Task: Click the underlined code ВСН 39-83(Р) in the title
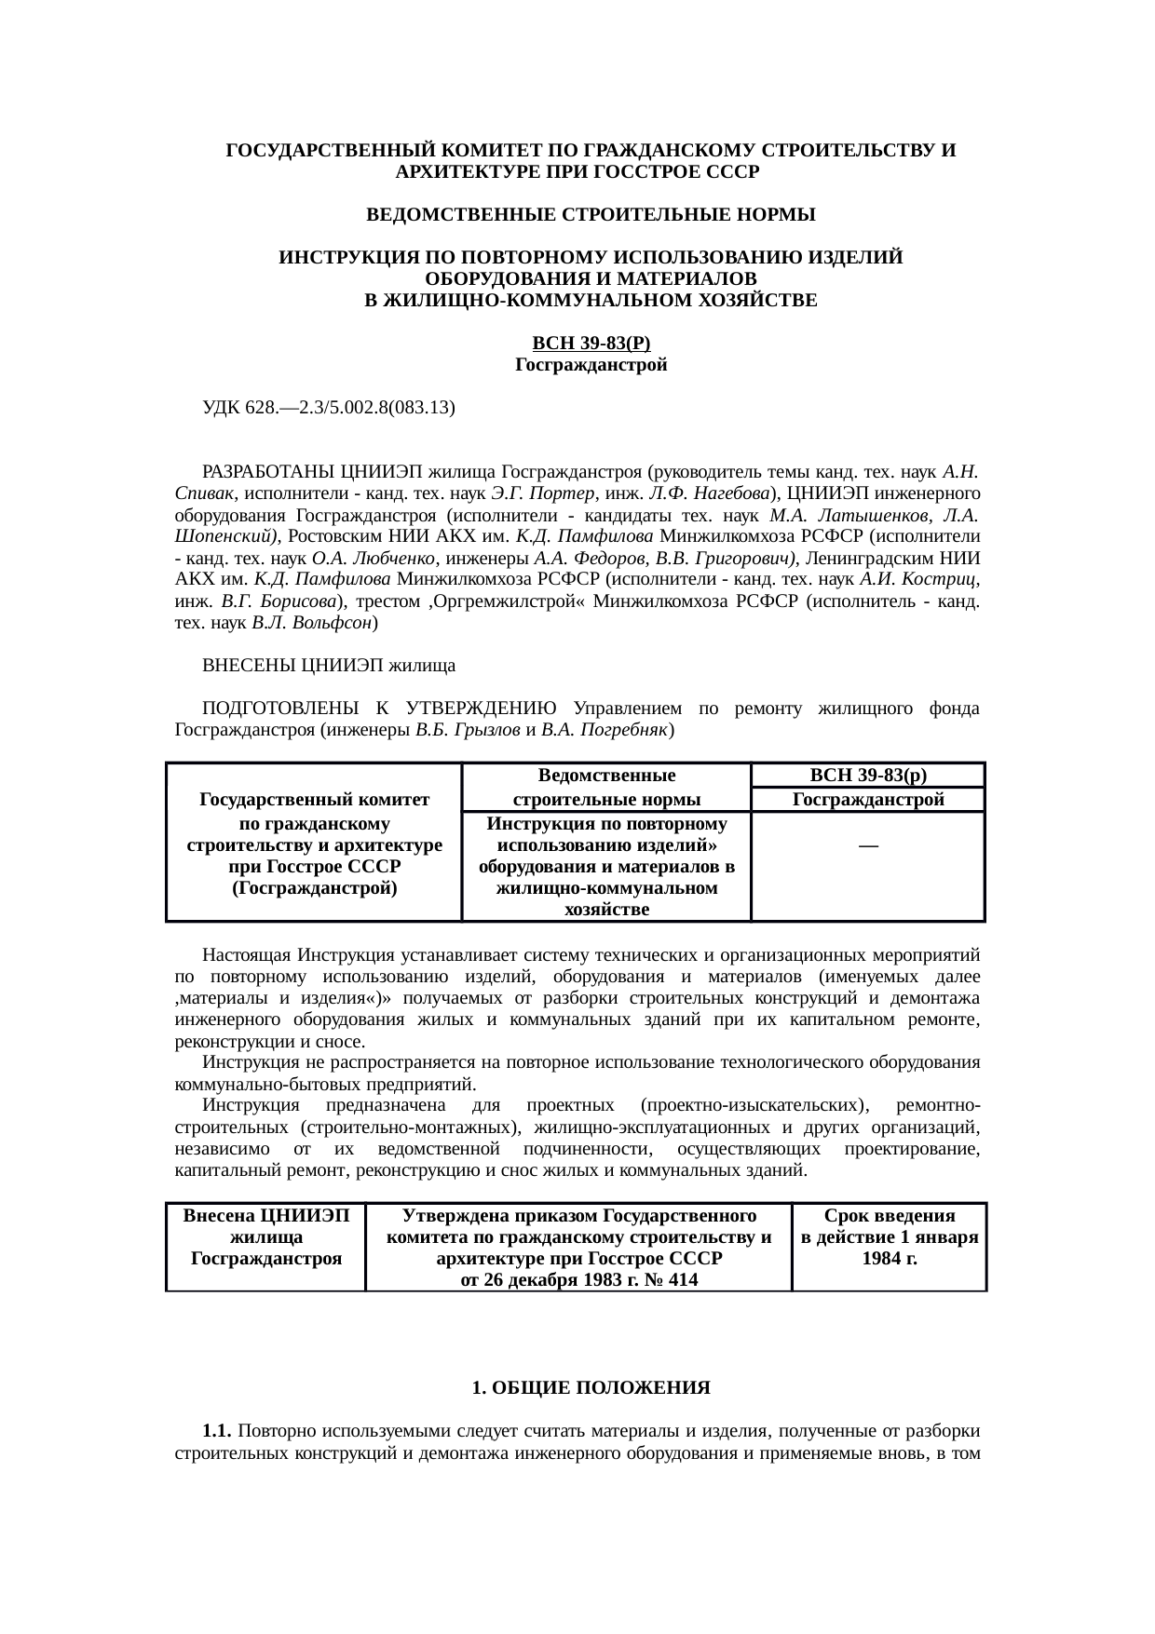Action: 591,344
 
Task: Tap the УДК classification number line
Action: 329,407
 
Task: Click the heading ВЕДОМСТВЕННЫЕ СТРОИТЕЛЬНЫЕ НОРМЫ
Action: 591,215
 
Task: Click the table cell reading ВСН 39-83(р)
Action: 867,776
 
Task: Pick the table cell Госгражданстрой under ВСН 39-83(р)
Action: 867,800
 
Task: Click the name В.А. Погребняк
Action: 605,731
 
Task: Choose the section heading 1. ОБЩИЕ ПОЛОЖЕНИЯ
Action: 591,1388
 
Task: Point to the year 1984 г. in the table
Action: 890,1259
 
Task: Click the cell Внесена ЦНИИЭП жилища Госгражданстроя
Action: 266,1237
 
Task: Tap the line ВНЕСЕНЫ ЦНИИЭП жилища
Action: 329,666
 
